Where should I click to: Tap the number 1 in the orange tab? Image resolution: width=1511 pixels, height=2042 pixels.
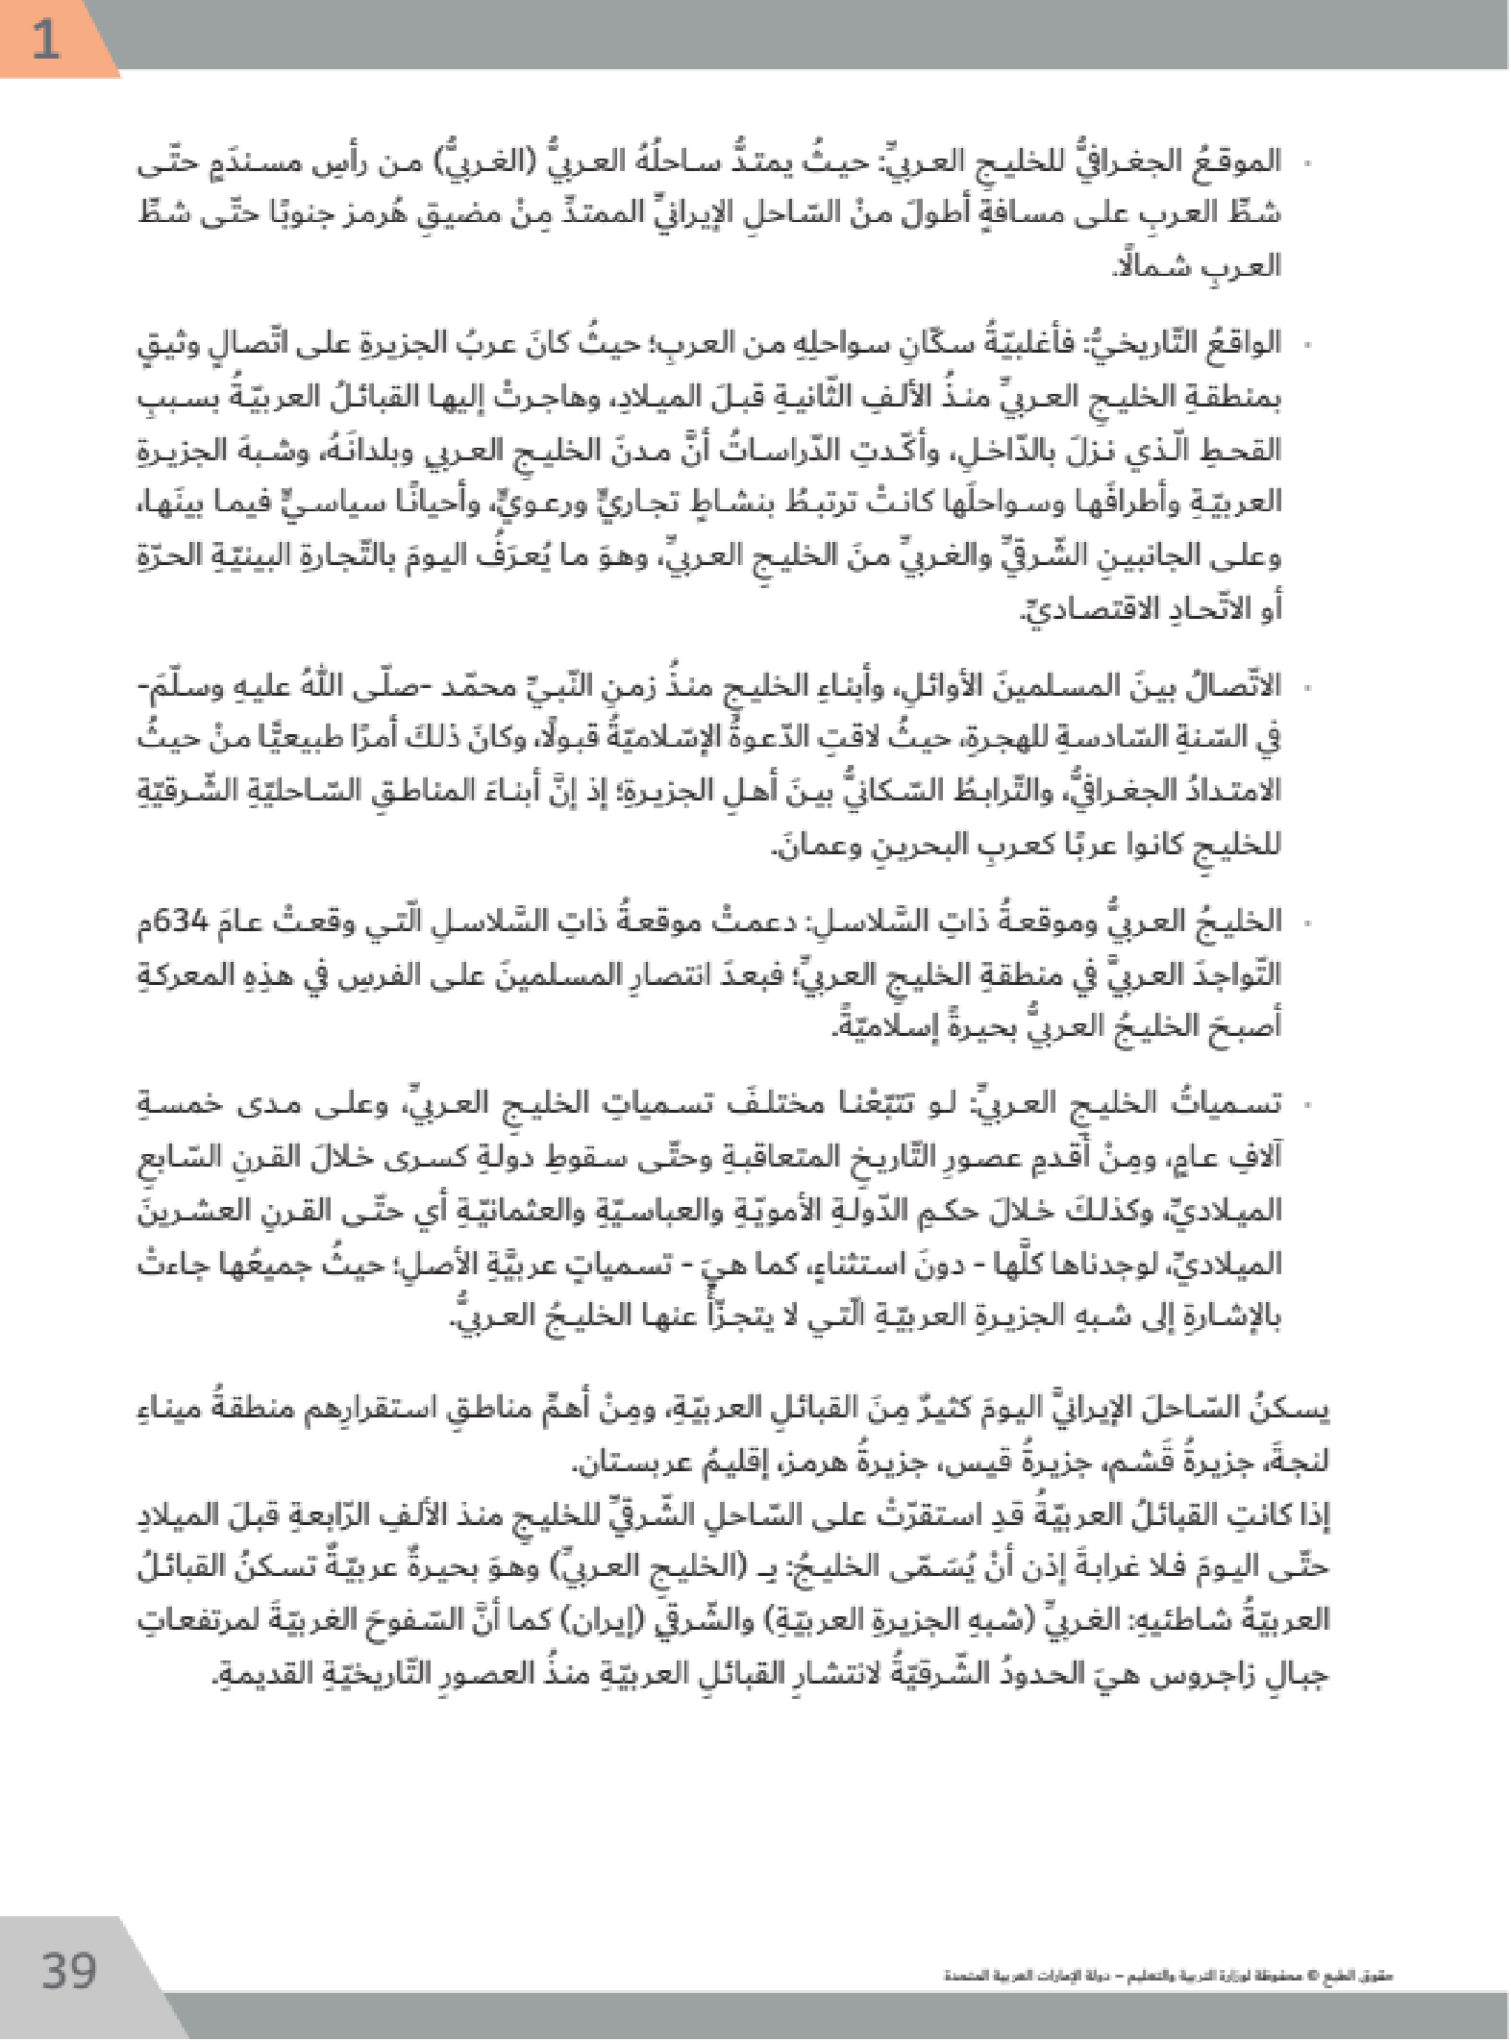coord(45,40)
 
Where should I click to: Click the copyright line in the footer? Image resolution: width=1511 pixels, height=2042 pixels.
coord(1168,1977)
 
